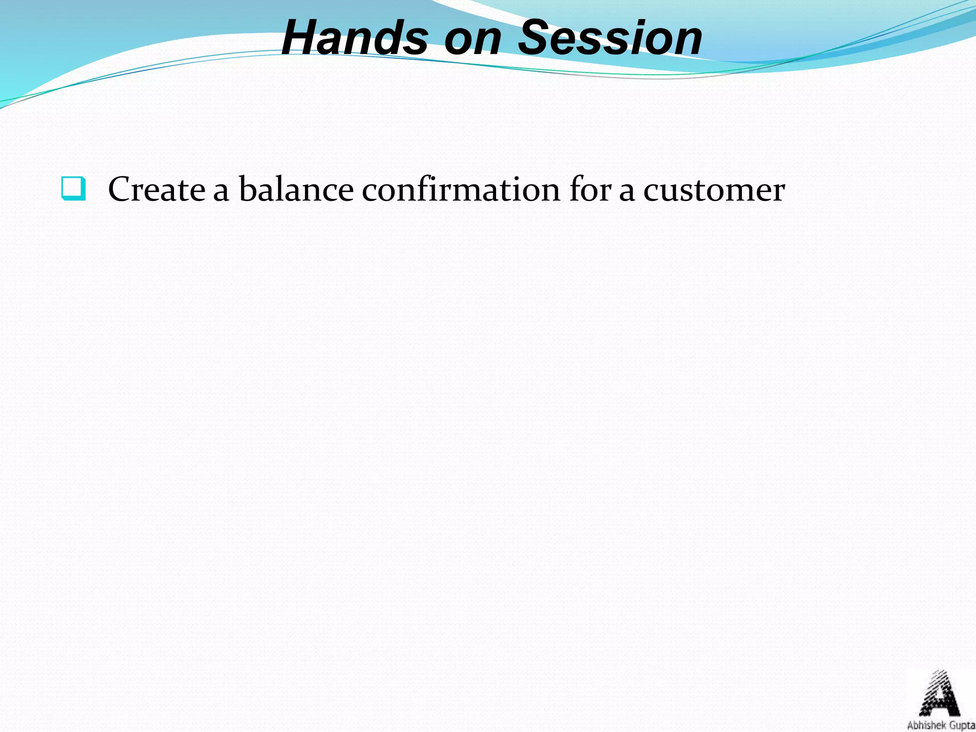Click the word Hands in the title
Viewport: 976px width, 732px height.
click(355, 38)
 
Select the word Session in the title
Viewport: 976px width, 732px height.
click(610, 38)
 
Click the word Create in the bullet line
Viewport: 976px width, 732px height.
click(156, 190)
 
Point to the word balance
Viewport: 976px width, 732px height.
click(296, 190)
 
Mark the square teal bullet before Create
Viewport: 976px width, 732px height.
click(73, 189)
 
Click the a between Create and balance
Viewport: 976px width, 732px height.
click(221, 193)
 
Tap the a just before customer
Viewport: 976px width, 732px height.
click(627, 193)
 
